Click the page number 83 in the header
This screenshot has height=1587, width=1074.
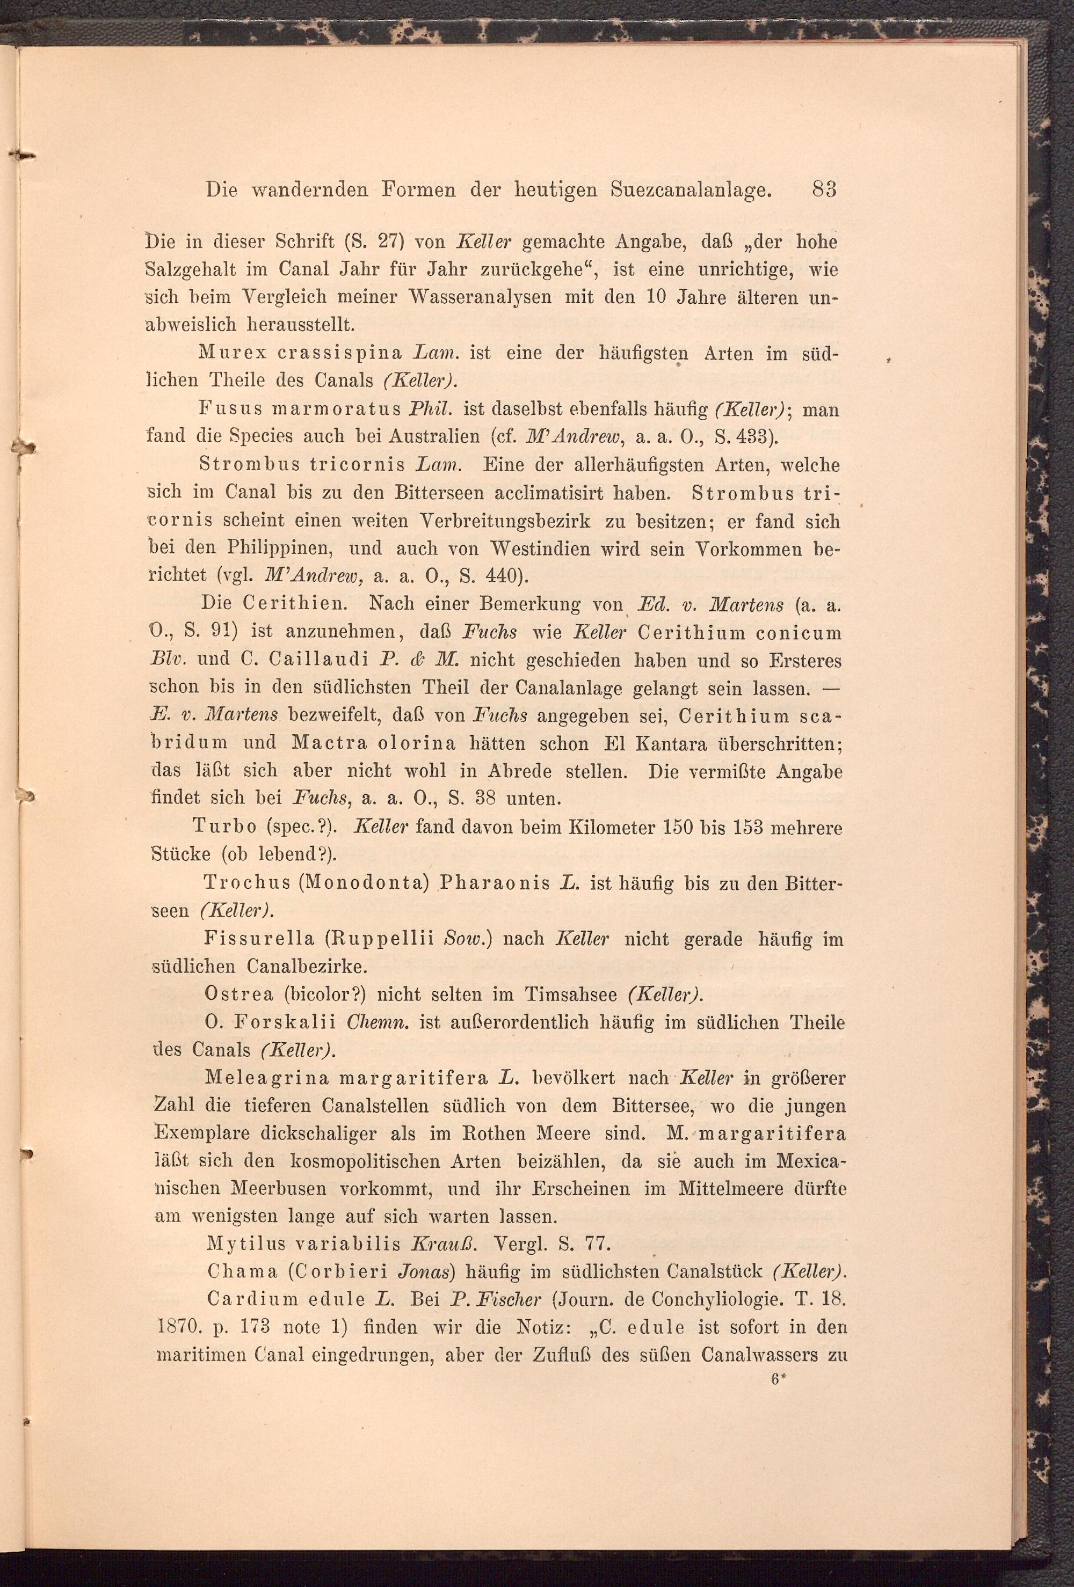coord(824,189)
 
